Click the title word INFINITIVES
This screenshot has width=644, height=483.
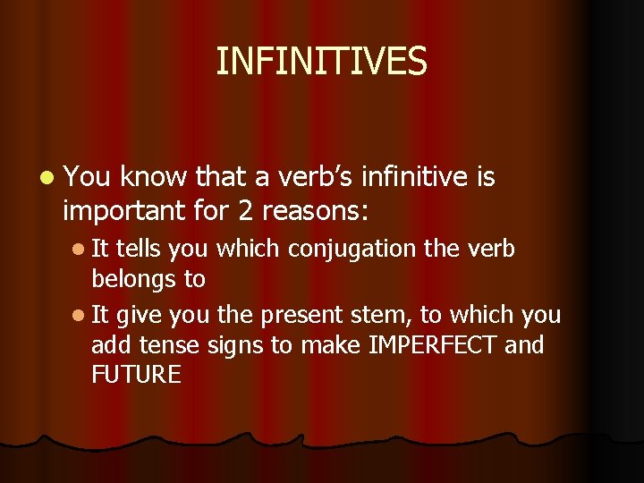322,62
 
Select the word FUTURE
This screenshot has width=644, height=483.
136,375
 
